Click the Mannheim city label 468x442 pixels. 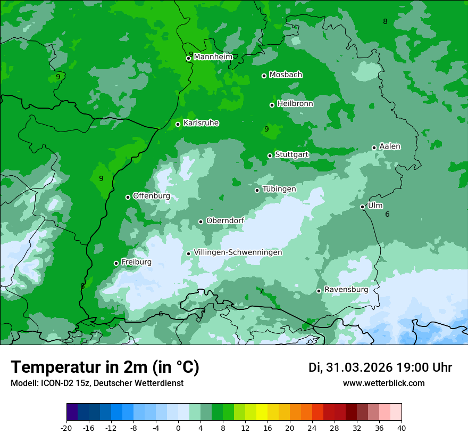pos(213,57)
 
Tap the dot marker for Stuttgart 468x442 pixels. pos(270,155)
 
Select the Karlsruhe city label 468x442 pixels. pos(200,123)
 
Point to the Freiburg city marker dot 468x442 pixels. pos(116,263)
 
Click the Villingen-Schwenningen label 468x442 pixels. pos(238,252)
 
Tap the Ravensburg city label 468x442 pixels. pos(346,290)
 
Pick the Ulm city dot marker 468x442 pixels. pos(363,207)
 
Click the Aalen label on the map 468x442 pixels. pos(390,146)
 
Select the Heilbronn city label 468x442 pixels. pos(295,104)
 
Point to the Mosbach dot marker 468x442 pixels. pos(264,76)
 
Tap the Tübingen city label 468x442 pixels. pos(279,189)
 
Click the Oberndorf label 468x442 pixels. pos(225,220)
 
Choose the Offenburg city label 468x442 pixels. pos(152,196)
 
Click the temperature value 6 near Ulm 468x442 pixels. pos(387,214)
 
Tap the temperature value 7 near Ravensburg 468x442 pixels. pos(261,291)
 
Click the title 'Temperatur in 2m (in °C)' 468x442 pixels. pos(105,367)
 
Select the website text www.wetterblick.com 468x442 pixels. pos(383,383)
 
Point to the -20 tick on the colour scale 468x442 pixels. pos(66,428)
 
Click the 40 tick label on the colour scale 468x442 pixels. pos(401,428)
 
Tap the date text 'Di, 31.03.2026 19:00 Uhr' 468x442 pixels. pos(380,367)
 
